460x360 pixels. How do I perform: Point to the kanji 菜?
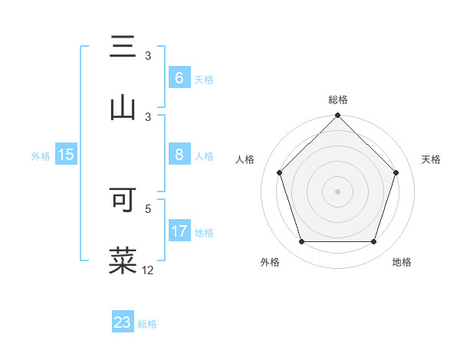tap(123, 260)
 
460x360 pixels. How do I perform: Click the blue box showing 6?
tap(179, 78)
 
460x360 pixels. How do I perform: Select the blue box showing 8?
tap(179, 155)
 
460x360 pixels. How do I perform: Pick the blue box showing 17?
tap(179, 231)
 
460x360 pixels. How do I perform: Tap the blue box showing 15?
tap(66, 155)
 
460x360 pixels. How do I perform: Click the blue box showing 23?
tap(123, 322)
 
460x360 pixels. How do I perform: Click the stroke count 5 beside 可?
tap(148, 208)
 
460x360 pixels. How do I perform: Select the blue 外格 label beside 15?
tap(41, 155)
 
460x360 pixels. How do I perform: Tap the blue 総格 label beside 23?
tap(147, 324)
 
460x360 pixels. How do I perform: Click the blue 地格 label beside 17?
tap(204, 232)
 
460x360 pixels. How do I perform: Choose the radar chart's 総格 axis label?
tap(338, 100)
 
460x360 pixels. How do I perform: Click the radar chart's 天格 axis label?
tap(432, 159)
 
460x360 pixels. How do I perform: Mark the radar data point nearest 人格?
tap(280, 172)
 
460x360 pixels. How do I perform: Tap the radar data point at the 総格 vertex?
tap(338, 116)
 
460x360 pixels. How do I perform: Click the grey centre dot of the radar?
tap(338, 191)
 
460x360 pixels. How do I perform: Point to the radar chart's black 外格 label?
tap(270, 262)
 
